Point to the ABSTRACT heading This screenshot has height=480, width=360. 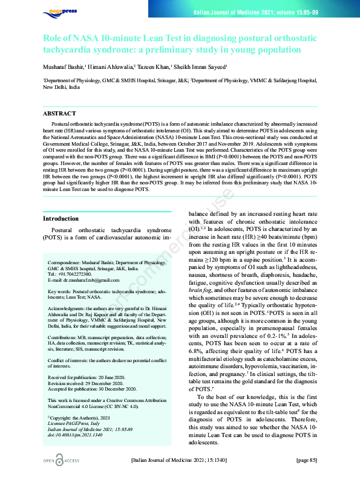click(x=59, y=114)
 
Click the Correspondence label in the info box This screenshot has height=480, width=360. click(x=65, y=263)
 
